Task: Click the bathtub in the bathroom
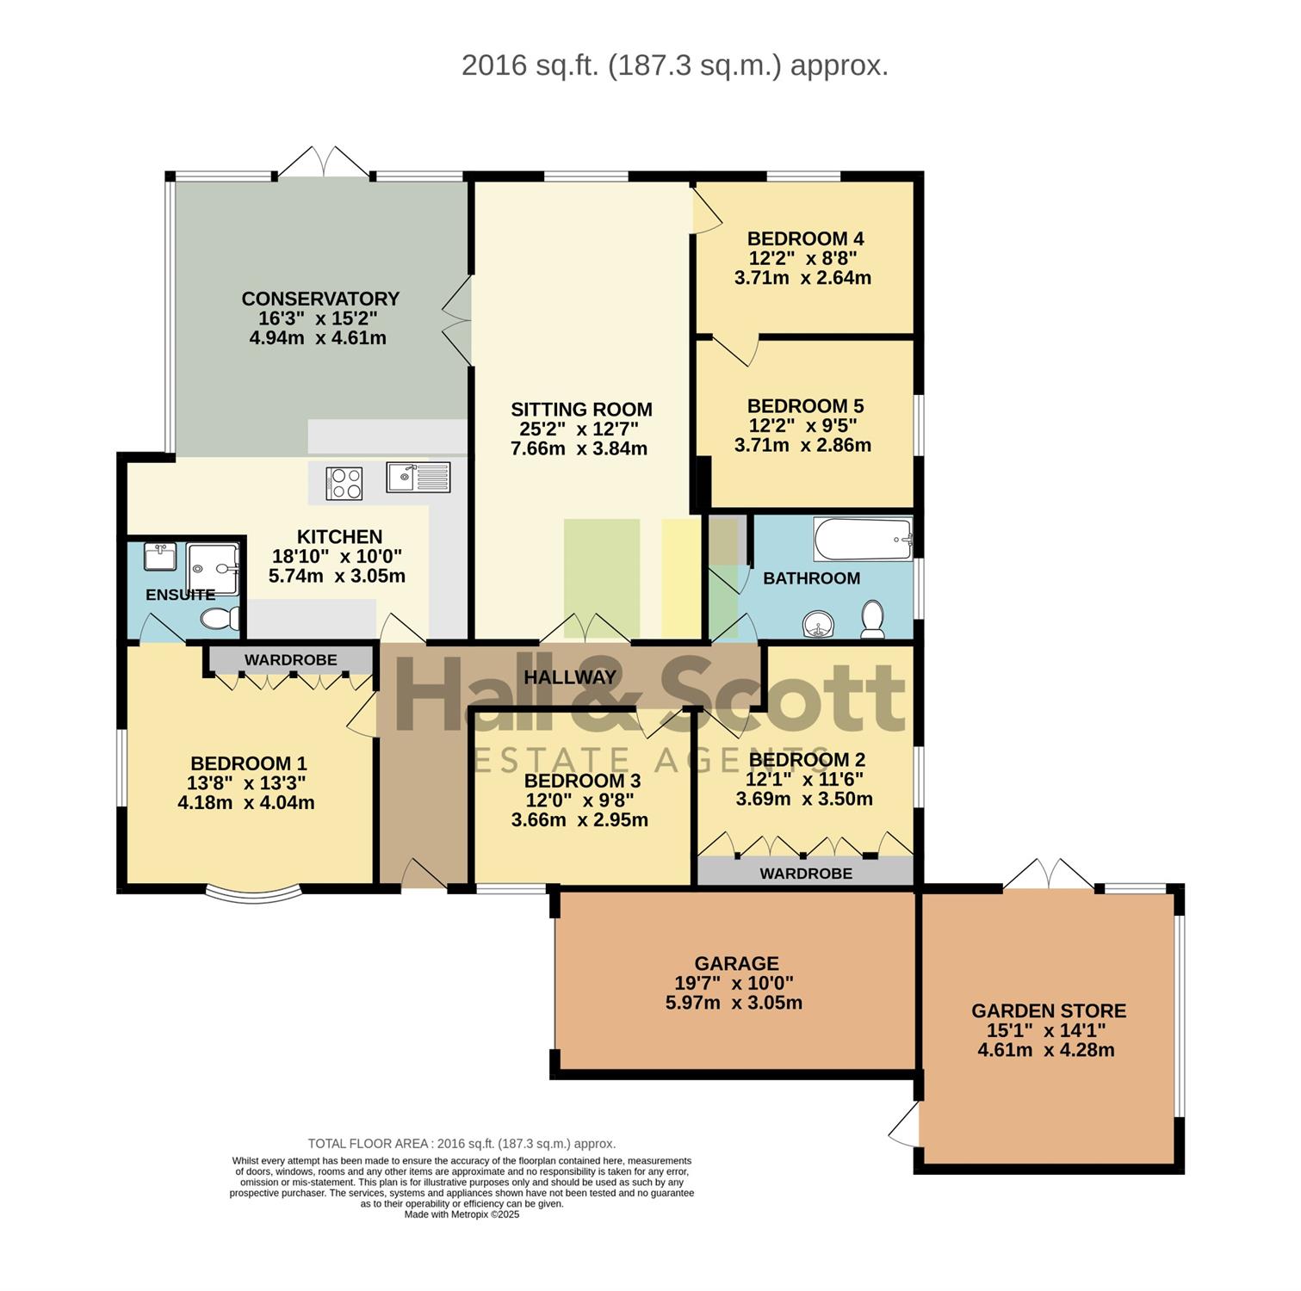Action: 863,540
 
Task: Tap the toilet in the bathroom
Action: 873,620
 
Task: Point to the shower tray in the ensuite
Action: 214,569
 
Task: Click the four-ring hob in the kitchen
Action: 344,483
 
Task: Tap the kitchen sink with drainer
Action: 418,477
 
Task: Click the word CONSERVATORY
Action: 320,299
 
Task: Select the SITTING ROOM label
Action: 581,410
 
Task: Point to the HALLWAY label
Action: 570,677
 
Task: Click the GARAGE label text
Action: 737,964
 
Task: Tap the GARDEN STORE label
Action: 1049,1011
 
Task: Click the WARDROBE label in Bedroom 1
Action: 291,660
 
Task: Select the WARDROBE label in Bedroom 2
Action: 806,874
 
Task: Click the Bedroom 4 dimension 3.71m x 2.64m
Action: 802,278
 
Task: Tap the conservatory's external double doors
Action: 325,162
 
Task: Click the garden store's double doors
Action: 1048,874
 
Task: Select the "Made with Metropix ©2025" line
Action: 462,1214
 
